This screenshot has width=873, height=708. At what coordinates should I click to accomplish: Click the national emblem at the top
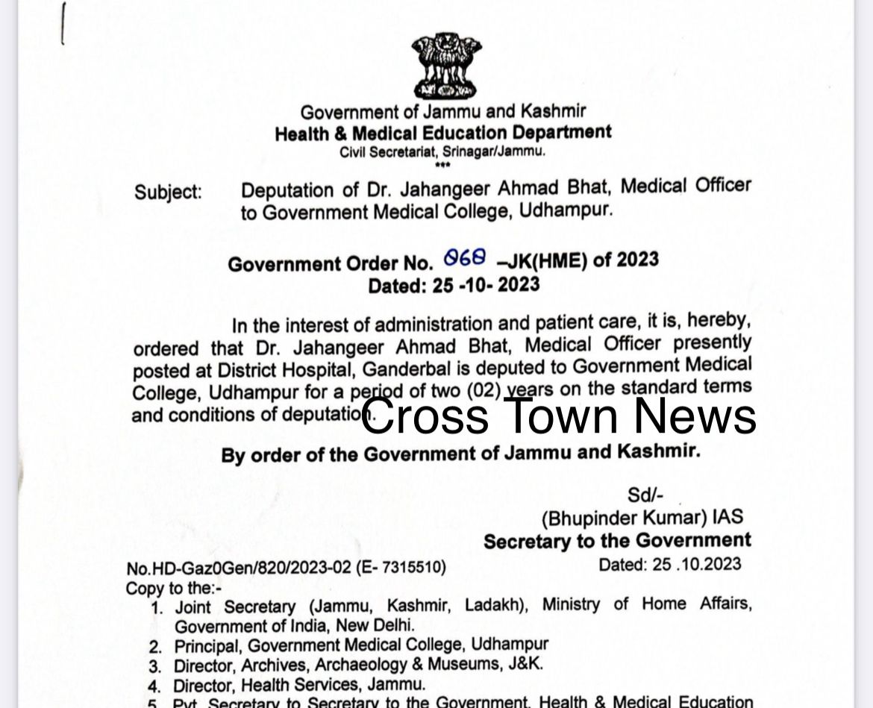coord(445,65)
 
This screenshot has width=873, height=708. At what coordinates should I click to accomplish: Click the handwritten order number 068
coord(465,258)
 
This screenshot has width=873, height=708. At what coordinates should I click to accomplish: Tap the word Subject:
coord(168,192)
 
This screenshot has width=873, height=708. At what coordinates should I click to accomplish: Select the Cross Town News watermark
coord(559,416)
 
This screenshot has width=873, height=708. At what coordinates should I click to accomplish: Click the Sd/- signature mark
coord(645,494)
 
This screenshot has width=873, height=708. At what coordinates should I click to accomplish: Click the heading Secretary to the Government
coord(617,541)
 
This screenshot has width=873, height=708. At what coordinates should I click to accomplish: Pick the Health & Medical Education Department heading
coord(443,134)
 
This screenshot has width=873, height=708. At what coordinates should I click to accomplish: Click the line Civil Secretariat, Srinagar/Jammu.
coord(443,151)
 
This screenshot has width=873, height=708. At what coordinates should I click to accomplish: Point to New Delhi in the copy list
coord(373,625)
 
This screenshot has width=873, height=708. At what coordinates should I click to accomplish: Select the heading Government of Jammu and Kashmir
coord(443,113)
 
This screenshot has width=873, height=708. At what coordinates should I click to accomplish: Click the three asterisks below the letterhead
coord(442,164)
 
